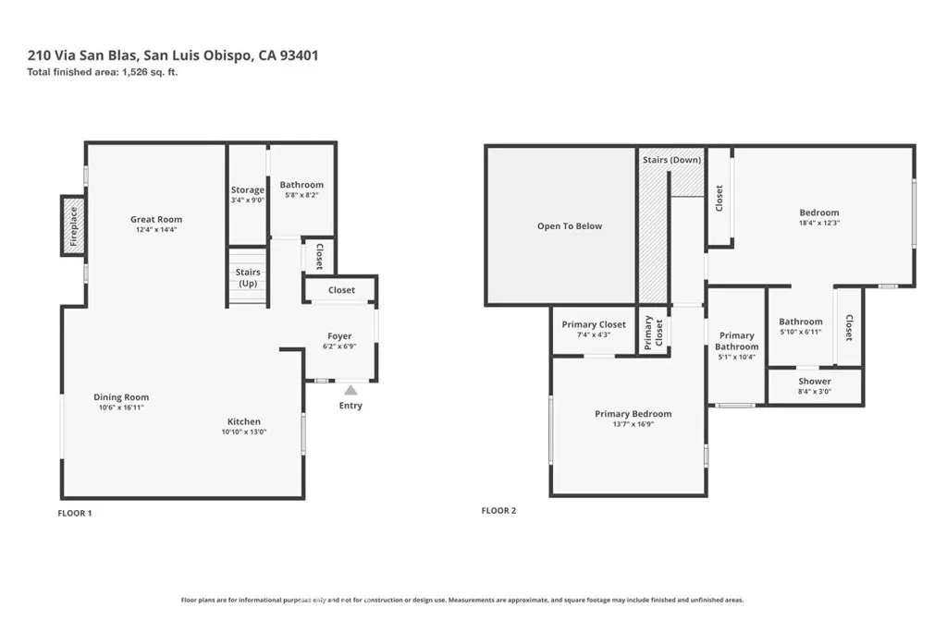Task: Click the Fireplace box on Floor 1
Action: pyautogui.click(x=73, y=225)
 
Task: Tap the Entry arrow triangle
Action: pyautogui.click(x=351, y=390)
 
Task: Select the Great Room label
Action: pyautogui.click(x=156, y=219)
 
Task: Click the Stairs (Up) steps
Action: pyautogui.click(x=248, y=277)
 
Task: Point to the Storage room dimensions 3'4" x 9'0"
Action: pyautogui.click(x=248, y=200)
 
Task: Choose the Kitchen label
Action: pyautogui.click(x=244, y=421)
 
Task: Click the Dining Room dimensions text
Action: pyautogui.click(x=121, y=407)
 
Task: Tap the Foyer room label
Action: pyautogui.click(x=339, y=335)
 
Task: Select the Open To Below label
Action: pyautogui.click(x=570, y=225)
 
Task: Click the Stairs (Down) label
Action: pyautogui.click(x=671, y=160)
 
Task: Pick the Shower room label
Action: pyautogui.click(x=815, y=381)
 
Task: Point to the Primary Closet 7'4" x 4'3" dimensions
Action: pyautogui.click(x=594, y=334)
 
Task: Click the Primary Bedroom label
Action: pyautogui.click(x=633, y=414)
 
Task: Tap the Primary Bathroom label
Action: pyautogui.click(x=737, y=341)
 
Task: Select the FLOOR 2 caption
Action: pyautogui.click(x=498, y=511)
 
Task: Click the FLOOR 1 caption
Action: pyautogui.click(x=75, y=513)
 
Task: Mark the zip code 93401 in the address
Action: pyautogui.click(x=299, y=55)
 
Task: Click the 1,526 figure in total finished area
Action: pyautogui.click(x=135, y=72)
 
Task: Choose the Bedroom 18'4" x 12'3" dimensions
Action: pyautogui.click(x=819, y=223)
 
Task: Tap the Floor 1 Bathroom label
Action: pyautogui.click(x=301, y=185)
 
